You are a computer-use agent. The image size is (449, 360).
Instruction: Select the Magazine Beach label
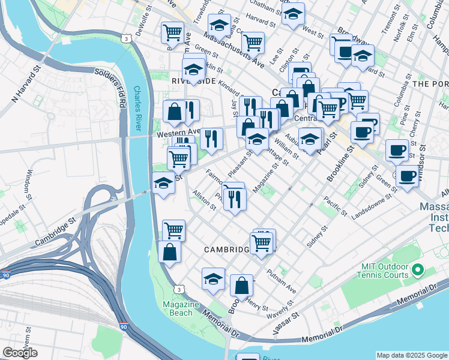tap(181, 308)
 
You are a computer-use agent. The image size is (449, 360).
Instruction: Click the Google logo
tap(20, 353)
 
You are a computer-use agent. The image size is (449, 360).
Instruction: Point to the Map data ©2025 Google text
tap(412, 355)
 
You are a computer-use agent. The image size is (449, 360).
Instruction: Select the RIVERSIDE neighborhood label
tap(193, 80)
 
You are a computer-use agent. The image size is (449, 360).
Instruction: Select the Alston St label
tap(204, 200)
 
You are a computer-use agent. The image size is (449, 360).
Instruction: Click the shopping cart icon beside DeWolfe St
tap(172, 31)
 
